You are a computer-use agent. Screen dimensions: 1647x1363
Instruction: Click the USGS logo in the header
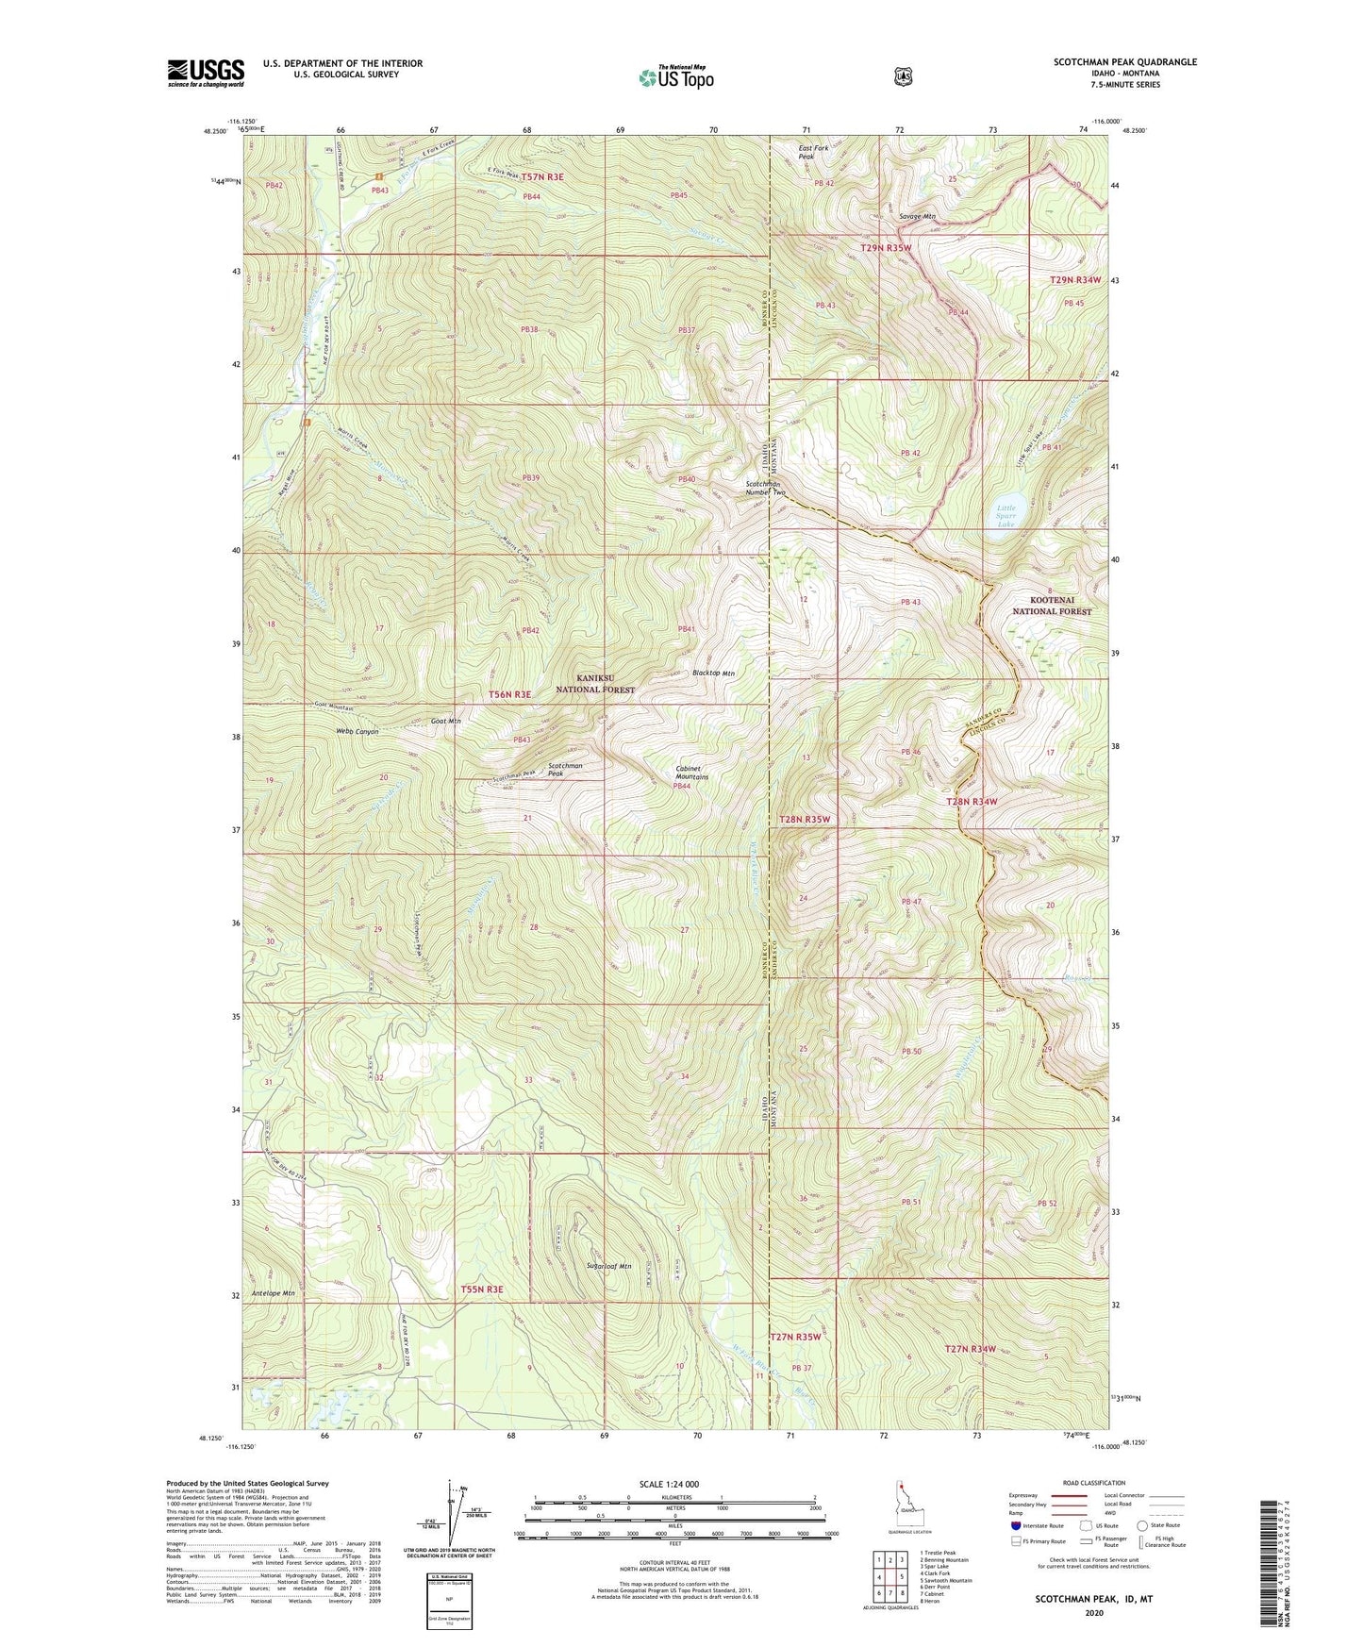point(206,73)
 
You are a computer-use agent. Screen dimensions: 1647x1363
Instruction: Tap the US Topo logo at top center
point(675,77)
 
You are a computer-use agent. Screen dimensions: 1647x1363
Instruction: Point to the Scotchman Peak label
point(565,769)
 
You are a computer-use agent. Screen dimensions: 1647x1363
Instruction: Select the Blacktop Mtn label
point(713,673)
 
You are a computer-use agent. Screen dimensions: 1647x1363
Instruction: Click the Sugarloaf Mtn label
point(608,1266)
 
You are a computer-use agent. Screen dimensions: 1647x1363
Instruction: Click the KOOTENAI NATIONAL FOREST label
point(1052,606)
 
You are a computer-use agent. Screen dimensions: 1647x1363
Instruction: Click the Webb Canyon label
point(357,731)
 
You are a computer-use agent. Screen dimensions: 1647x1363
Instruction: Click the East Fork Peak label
point(813,152)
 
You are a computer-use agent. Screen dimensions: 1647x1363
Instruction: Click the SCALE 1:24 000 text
point(669,1484)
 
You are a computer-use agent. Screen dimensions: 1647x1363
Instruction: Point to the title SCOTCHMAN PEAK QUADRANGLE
point(1125,62)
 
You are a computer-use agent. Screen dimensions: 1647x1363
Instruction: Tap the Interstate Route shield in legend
point(1016,1525)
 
